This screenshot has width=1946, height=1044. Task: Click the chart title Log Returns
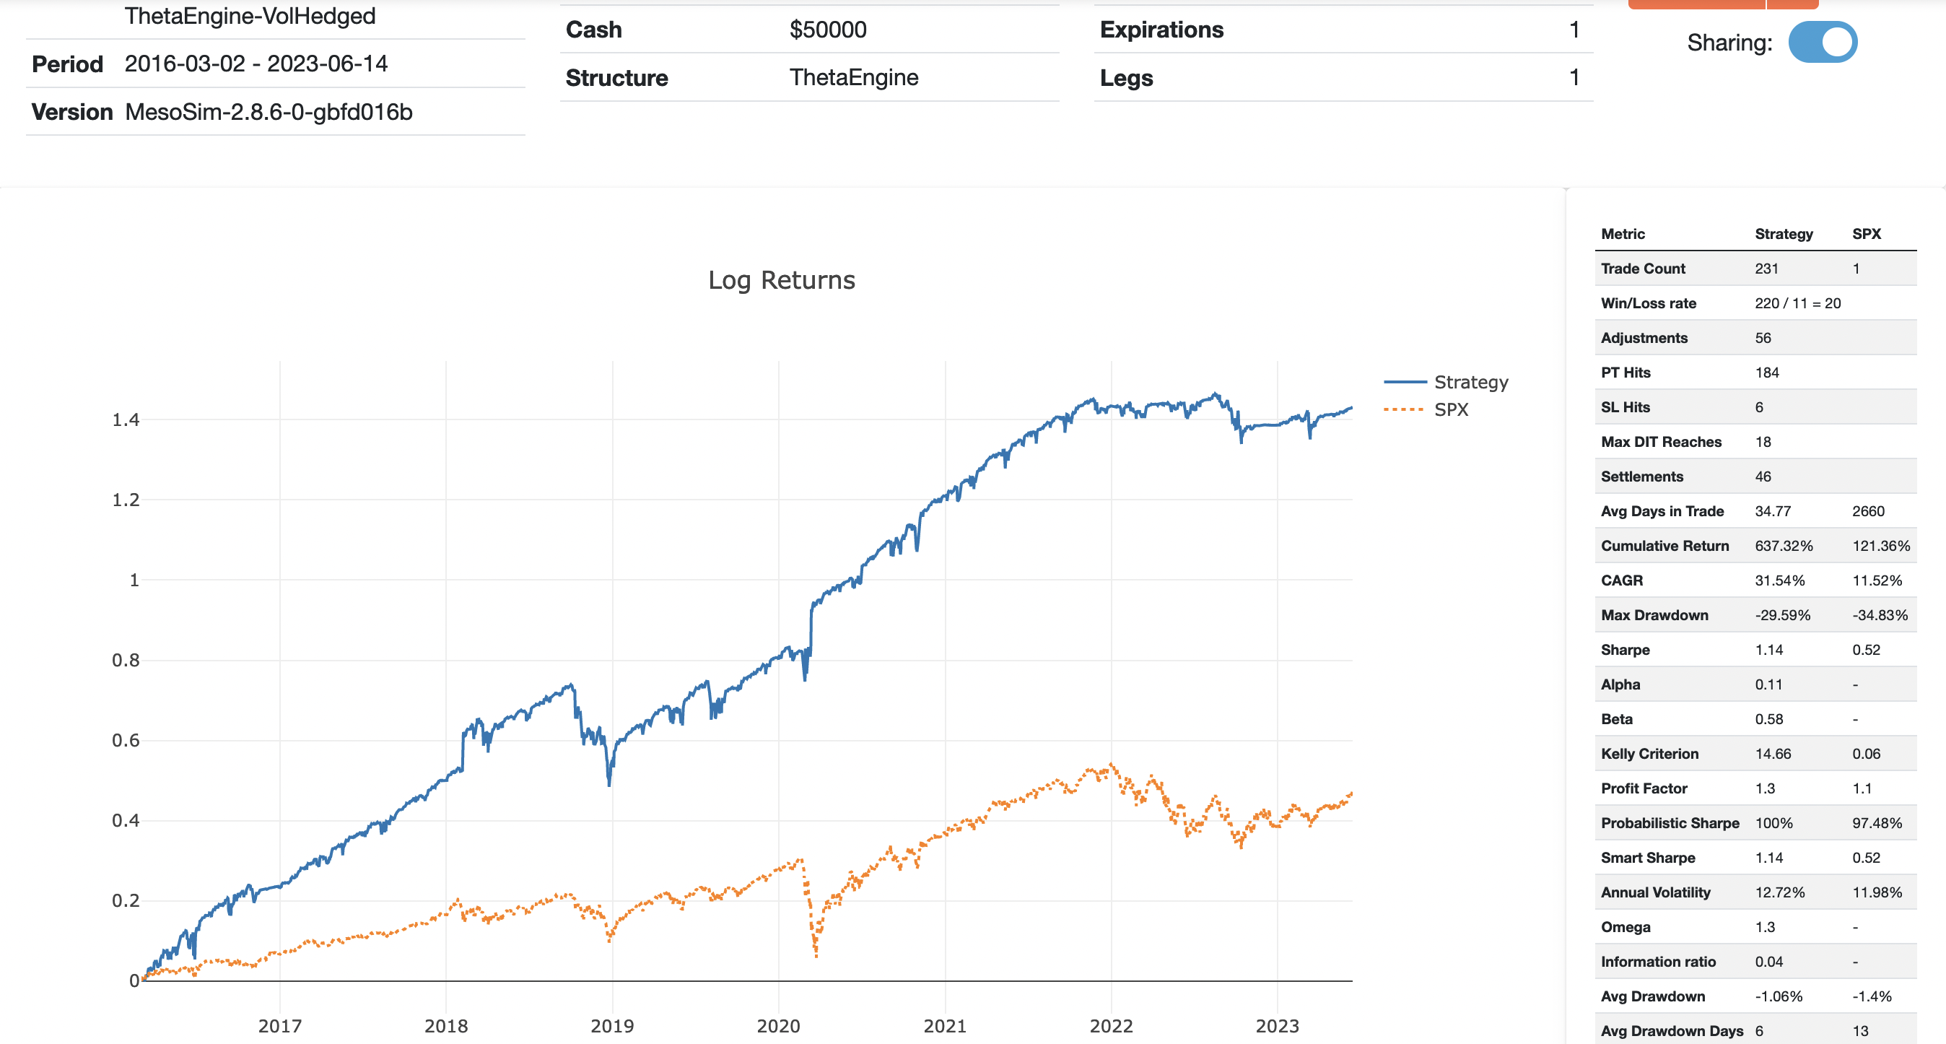(781, 280)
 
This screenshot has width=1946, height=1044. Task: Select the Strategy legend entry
(1470, 382)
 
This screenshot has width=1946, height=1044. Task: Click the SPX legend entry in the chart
(1450, 409)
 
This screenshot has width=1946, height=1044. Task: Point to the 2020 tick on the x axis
(778, 1026)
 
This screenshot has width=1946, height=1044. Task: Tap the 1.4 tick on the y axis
(126, 420)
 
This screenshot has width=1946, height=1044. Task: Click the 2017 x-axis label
(279, 1026)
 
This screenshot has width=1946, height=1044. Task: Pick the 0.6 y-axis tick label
(126, 740)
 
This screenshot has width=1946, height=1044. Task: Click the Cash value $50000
(828, 30)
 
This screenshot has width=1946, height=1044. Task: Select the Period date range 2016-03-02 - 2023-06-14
(256, 64)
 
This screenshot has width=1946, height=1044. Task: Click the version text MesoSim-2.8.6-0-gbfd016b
(269, 113)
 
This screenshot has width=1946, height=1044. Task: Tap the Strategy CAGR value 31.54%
(1779, 580)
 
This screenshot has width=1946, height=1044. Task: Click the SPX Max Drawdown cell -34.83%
(1880, 615)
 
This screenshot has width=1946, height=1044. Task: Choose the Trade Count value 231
(1766, 269)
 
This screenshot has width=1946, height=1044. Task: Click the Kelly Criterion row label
(1649, 754)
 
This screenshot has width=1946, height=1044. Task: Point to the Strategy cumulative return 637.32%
(1783, 545)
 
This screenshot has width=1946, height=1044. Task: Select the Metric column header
(1623, 234)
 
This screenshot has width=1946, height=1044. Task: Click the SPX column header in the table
(1866, 234)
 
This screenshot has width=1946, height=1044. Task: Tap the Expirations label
(1161, 30)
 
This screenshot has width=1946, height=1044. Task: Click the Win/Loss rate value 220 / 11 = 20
(1797, 303)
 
